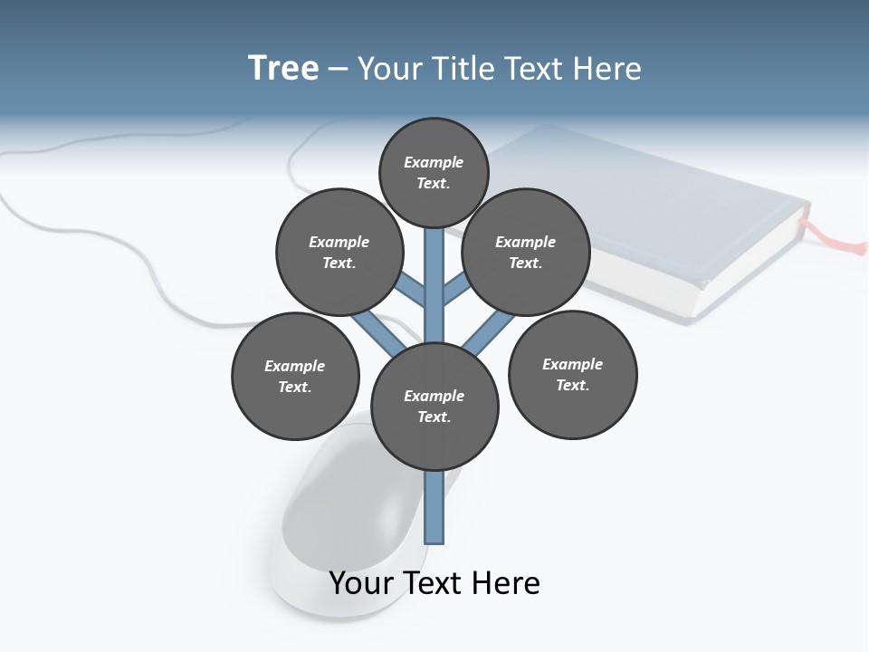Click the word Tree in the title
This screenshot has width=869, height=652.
tap(283, 68)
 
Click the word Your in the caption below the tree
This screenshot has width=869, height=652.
tap(362, 583)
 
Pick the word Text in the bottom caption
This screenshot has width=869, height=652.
tap(436, 583)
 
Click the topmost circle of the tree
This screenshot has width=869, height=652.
tap(434, 172)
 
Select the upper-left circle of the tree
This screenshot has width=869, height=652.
tap(339, 253)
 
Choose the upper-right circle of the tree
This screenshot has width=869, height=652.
tap(525, 253)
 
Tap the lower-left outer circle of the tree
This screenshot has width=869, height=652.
tap(295, 377)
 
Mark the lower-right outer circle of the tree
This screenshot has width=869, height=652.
tap(572, 375)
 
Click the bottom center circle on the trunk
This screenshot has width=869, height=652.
tap(434, 407)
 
